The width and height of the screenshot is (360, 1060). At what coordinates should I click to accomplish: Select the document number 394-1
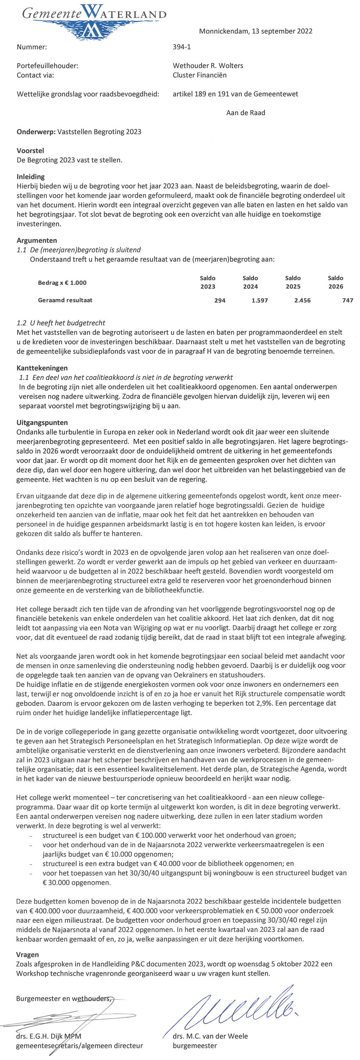182,47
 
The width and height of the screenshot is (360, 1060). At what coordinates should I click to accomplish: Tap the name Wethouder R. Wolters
208,66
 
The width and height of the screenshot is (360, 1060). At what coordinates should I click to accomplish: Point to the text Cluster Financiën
200,75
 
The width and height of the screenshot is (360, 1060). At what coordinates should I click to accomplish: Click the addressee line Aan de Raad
246,113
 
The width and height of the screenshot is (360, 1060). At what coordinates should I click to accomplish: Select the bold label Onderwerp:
36,132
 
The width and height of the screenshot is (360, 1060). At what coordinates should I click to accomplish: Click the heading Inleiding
31,177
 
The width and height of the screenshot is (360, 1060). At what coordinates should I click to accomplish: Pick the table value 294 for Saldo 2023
220,301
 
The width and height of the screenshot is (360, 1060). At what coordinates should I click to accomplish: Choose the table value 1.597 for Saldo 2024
260,301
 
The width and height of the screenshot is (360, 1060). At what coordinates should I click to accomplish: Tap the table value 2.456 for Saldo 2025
302,301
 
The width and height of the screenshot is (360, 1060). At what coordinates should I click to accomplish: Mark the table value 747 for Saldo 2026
347,301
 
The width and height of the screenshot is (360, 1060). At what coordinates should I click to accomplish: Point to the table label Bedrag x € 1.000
62,283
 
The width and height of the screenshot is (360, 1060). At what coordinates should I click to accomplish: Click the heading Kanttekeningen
42,368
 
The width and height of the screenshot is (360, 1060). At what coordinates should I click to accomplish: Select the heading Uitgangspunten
42,423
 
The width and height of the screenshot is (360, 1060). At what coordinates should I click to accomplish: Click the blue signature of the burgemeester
243,1008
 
